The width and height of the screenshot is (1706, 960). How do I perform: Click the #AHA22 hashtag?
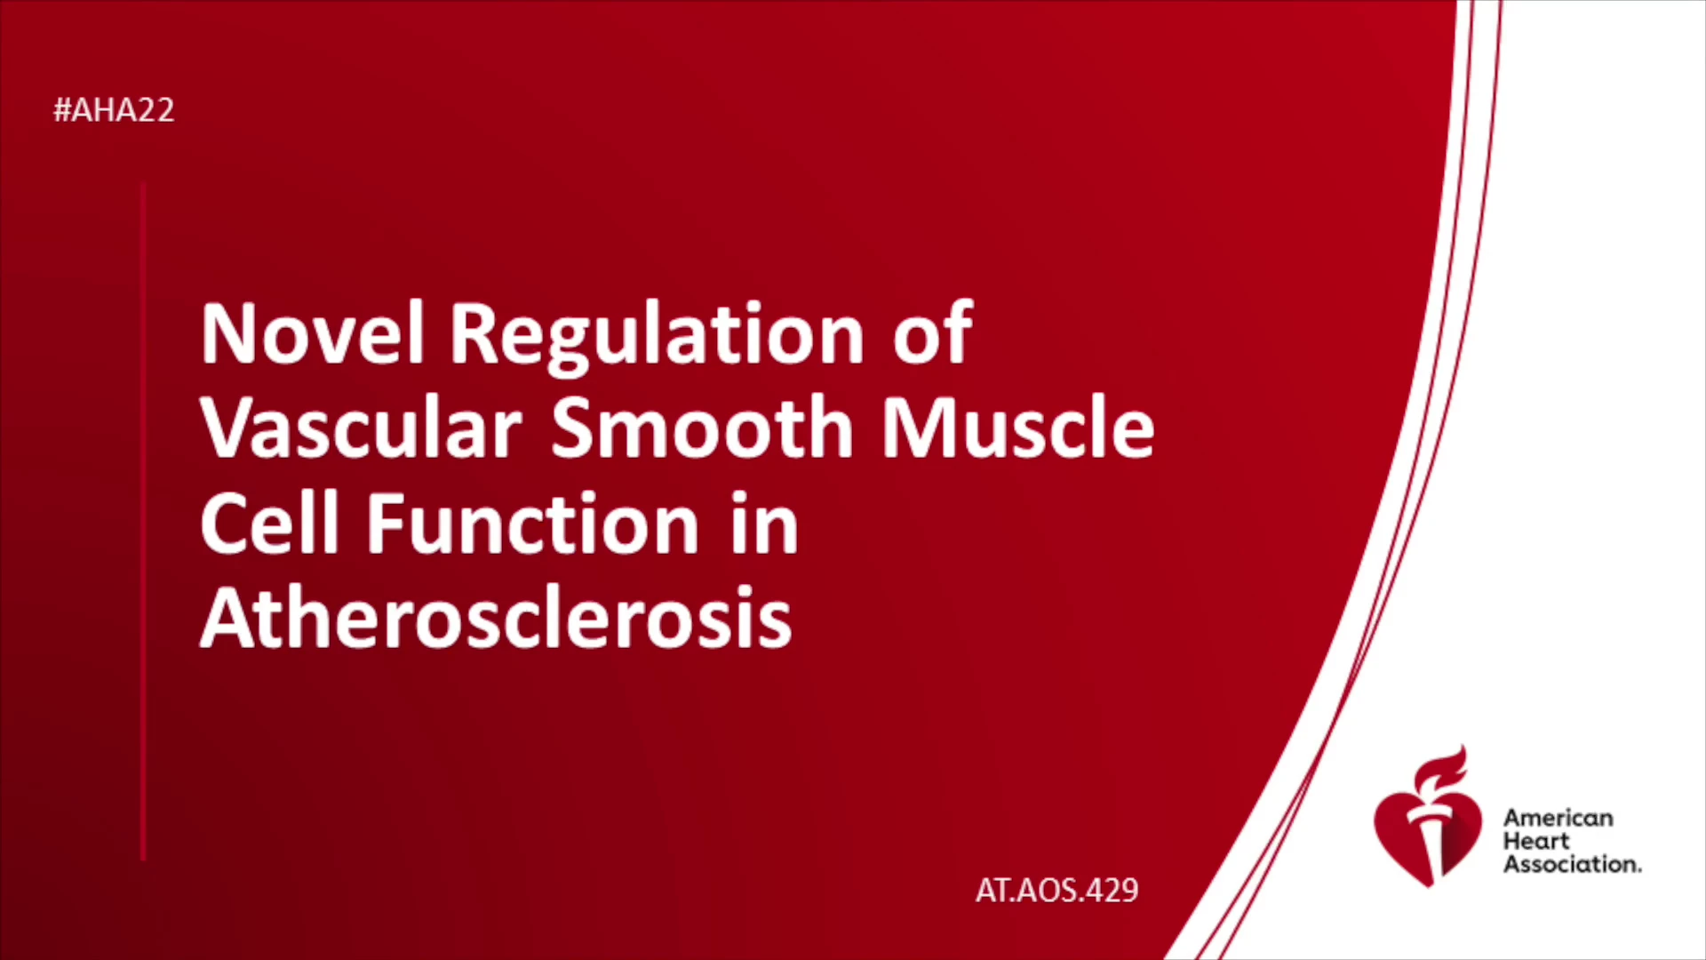coord(114,110)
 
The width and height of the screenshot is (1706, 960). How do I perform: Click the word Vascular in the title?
coord(361,428)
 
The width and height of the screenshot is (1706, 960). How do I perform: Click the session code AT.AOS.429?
coord(1056,890)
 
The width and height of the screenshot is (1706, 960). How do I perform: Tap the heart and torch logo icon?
coord(1428,817)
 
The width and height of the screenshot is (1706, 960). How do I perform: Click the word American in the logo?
coord(1558,818)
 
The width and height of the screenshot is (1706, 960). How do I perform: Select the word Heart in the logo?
coord(1536,841)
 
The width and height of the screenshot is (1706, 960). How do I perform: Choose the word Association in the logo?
coord(1572,864)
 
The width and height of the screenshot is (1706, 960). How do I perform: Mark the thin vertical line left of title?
coord(143,522)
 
